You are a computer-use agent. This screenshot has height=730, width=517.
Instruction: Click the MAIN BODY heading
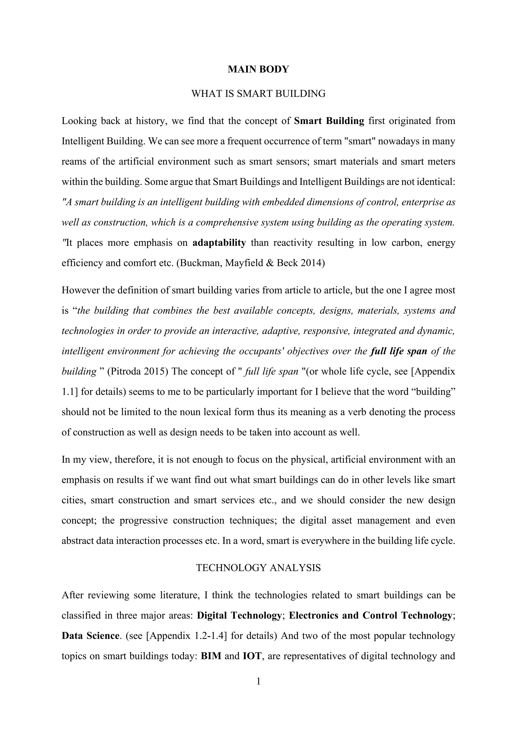258,69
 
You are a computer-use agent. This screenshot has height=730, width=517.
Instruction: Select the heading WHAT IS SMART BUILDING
258,94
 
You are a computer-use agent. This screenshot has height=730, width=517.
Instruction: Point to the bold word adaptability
219,243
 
